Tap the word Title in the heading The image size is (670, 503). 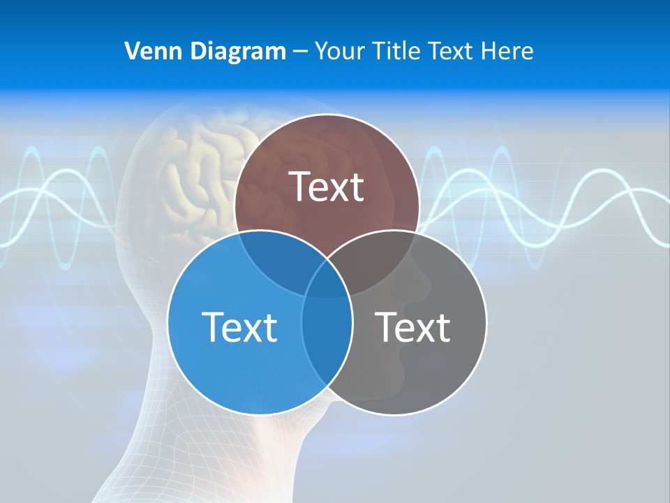point(397,51)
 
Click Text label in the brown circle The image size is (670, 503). point(327,187)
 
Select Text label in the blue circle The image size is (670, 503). point(239,326)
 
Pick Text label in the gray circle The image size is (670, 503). point(413,326)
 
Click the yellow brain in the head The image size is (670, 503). point(195,175)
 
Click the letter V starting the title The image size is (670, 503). point(131,51)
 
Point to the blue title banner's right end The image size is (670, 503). point(656,49)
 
